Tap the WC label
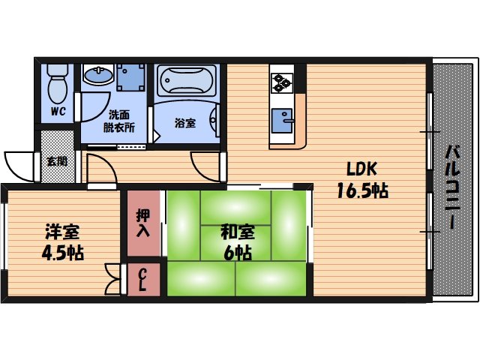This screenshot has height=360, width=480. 58,111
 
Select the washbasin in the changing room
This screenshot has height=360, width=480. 98,75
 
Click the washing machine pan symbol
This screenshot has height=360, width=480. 131,78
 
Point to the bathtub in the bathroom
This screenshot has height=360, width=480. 187,80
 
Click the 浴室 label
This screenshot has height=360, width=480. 185,123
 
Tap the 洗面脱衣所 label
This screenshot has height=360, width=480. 119,121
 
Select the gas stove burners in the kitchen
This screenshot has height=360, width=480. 282,83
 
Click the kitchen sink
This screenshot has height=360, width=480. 282,121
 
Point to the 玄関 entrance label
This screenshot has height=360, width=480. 57,161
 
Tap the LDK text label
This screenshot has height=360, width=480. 361,169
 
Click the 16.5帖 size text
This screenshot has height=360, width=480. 362,190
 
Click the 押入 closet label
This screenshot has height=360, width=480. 143,223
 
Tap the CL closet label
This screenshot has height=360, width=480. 142,280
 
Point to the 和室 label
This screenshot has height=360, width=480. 238,232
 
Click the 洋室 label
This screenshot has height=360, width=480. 62,232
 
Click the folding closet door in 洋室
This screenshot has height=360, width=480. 113,279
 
